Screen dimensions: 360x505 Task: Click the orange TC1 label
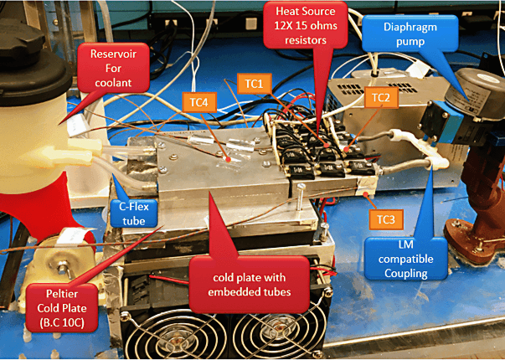click(x=254, y=84)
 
